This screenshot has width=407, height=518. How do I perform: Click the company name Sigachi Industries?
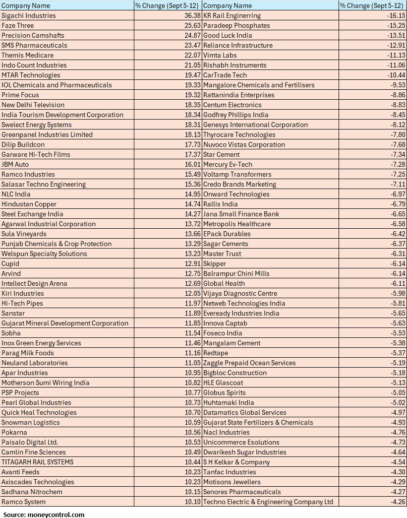coord(29,15)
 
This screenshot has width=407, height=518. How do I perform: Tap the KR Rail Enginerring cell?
coord(232,15)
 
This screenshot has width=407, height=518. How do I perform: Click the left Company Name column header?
coord(26,5)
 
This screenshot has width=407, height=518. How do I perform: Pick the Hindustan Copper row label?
coord(29,204)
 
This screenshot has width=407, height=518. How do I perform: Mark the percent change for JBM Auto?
coord(192,164)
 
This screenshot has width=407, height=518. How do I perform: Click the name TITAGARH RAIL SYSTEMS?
coord(38,462)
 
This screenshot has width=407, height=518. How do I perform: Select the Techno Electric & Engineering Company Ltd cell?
coord(268,502)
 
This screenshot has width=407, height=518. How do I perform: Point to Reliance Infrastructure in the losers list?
coord(238,45)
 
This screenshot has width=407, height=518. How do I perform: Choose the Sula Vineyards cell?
coord(24,234)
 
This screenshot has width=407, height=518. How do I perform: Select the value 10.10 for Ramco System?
coord(192,502)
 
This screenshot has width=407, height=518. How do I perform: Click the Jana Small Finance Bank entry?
coord(241,214)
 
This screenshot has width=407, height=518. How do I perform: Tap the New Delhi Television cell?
coord(33,105)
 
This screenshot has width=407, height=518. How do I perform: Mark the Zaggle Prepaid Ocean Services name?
coord(249,363)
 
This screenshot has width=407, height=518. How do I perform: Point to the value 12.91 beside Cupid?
coord(192,263)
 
